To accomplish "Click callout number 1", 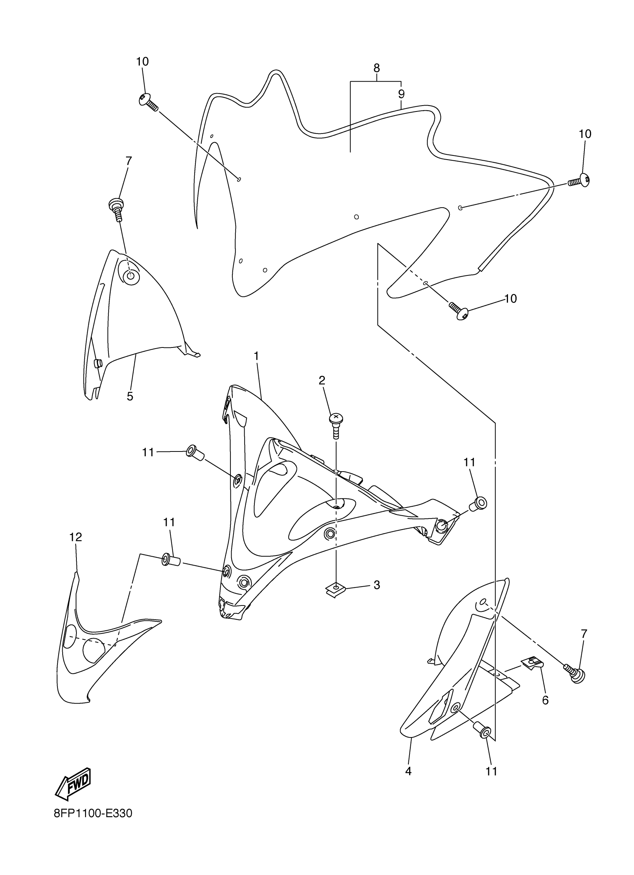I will [x=256, y=356].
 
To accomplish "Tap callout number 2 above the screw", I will [x=322, y=380].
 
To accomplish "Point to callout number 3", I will [x=377, y=585].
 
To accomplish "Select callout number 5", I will [x=130, y=396].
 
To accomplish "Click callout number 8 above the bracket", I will [x=377, y=68].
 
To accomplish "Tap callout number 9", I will [x=401, y=94].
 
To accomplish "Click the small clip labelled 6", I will [x=533, y=662].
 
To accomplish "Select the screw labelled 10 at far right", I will [x=580, y=180].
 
